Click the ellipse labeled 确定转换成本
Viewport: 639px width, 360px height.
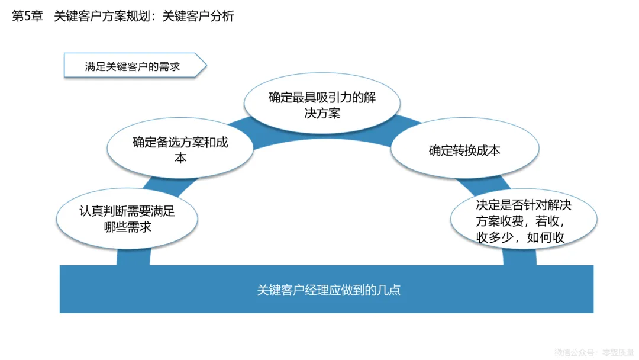464,150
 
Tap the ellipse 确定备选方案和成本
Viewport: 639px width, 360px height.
180,150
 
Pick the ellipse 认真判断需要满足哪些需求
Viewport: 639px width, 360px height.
127,219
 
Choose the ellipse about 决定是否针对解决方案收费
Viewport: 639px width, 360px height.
524,221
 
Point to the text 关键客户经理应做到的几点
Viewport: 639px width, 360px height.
328,290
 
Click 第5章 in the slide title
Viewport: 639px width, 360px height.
27,17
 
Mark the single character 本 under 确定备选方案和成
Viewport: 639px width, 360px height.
180,159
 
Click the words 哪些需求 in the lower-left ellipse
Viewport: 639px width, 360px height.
127,227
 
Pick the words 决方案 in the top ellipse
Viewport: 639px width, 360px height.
322,113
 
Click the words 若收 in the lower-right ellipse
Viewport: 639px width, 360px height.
545,221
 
